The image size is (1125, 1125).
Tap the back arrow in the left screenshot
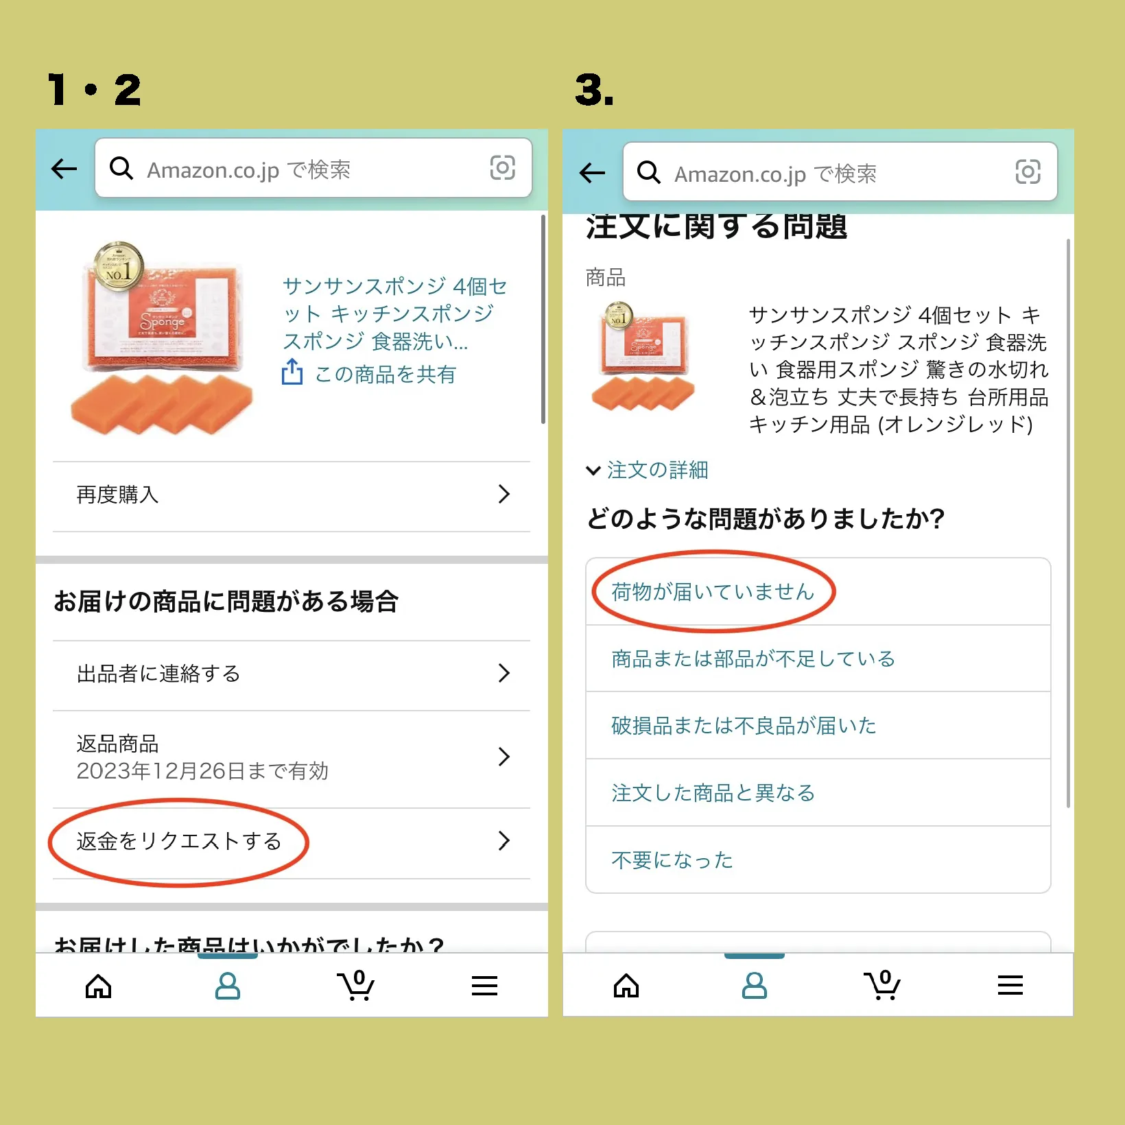[64, 169]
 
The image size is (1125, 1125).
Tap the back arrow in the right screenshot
[592, 173]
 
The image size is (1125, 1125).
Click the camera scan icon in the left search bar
[502, 167]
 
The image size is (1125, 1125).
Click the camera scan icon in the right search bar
[1028, 171]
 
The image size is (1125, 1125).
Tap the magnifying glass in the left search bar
[122, 168]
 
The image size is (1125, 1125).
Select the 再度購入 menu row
[292, 495]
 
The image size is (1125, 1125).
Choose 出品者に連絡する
[292, 674]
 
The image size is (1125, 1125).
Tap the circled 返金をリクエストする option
[179, 841]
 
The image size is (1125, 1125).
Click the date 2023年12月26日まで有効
[202, 771]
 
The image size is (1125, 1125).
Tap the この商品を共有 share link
[385, 375]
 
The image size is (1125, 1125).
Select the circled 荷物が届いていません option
[713, 591]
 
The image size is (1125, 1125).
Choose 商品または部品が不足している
[753, 659]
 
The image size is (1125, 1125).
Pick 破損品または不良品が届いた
[744, 726]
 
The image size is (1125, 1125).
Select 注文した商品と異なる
[713, 793]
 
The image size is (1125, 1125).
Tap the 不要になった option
[672, 860]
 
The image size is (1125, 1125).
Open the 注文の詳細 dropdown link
[656, 471]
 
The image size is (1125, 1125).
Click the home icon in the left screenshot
[99, 986]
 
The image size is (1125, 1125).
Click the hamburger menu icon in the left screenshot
[484, 986]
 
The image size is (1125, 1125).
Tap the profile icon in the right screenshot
[755, 986]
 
